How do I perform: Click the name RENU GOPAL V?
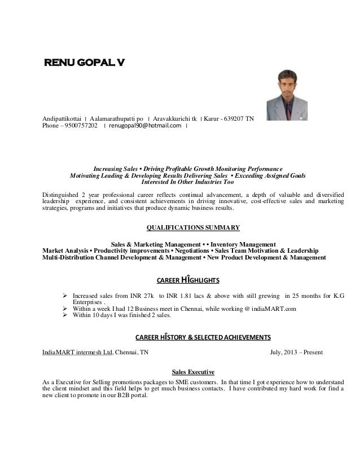(85, 61)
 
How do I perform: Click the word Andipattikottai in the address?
(63, 118)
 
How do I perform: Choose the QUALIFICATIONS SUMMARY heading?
(193, 228)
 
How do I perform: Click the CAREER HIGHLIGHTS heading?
(187, 280)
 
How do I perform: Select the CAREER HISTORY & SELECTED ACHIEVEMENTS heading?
(203, 337)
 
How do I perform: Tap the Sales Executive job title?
(192, 372)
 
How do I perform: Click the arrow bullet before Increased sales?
(64, 295)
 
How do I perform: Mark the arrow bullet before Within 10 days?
(64, 316)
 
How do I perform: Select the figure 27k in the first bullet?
(148, 295)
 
